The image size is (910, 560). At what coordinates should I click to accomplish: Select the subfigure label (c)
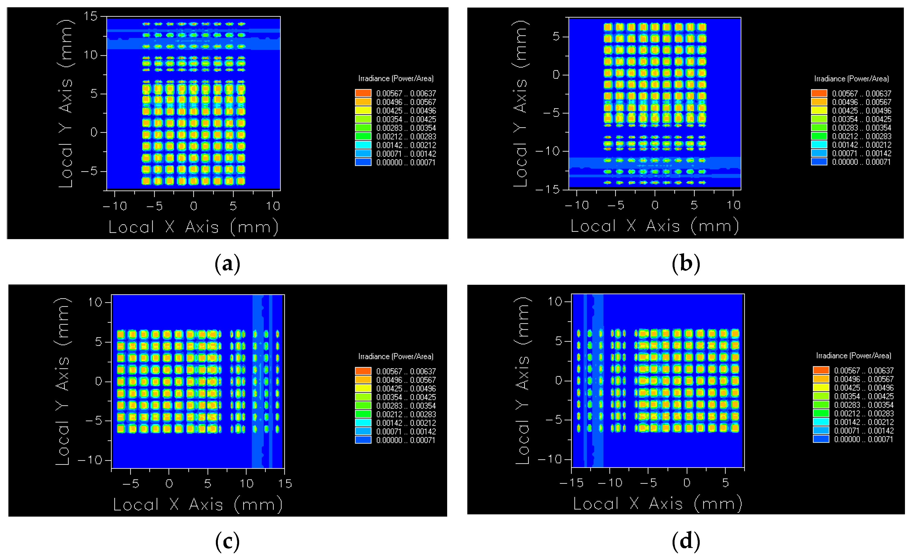[227, 542]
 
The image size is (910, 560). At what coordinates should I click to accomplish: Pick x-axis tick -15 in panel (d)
[571, 483]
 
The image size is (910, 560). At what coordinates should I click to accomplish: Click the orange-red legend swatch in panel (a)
[363, 93]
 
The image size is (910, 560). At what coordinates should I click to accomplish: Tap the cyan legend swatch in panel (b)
[819, 145]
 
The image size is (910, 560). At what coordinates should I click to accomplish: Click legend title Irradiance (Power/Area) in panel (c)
[396, 356]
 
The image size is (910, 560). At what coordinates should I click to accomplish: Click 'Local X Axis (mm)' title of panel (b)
[654, 226]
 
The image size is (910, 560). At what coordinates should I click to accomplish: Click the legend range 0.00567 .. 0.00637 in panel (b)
[862, 93]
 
